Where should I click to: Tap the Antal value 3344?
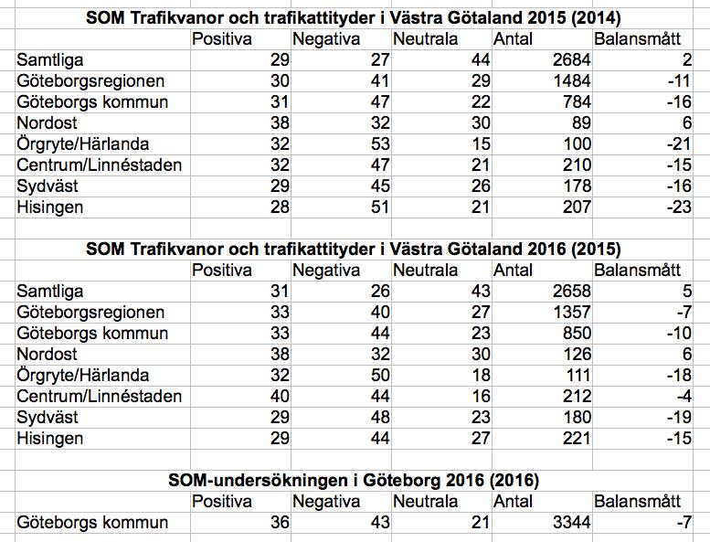(569, 523)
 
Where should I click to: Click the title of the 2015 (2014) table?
(355, 18)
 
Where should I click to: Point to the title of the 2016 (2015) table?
(355, 250)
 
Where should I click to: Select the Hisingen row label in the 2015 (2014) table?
(51, 207)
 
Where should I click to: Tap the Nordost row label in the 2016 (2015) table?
(48, 355)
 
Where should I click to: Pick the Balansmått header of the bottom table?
(637, 502)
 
